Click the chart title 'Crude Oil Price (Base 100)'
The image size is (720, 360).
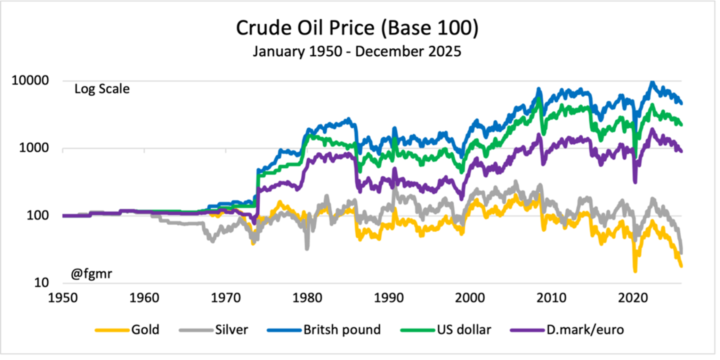[x=357, y=28]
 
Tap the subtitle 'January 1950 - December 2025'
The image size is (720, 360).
[x=357, y=51]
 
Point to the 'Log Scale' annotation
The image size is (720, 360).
[x=102, y=89]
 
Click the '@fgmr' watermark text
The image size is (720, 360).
[x=91, y=274]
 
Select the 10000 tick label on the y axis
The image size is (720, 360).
[x=30, y=81]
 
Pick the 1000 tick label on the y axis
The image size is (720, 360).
[x=34, y=148]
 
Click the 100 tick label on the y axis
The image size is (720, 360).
[x=38, y=215]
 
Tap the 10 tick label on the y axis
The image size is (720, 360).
[x=41, y=282]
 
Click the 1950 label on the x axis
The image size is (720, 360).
[x=63, y=298]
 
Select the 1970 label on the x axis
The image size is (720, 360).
[x=226, y=298]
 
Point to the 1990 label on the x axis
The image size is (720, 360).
[x=389, y=298]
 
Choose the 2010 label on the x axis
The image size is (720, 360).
[x=552, y=298]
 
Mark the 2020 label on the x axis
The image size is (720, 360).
[x=633, y=298]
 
